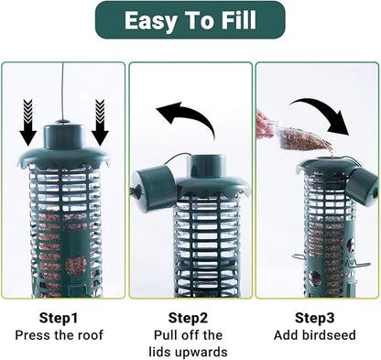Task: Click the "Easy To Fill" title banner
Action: point(190,20)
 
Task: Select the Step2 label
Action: point(190,318)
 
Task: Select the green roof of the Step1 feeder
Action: point(63,156)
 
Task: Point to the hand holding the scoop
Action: point(265,124)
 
